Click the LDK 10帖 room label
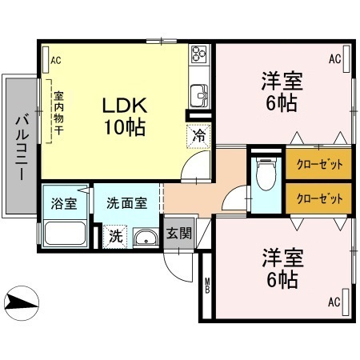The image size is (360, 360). [123, 115]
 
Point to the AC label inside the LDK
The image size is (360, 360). [55, 61]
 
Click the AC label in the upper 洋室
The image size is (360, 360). [334, 60]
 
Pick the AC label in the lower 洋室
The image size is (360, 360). [334, 302]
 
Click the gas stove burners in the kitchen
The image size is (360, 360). [198, 56]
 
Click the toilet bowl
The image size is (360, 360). [265, 171]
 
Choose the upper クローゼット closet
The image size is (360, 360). [318, 164]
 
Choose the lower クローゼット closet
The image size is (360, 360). [318, 196]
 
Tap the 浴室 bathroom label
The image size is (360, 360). [65, 203]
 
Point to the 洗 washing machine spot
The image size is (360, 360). [115, 236]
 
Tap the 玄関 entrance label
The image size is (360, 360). [178, 234]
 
